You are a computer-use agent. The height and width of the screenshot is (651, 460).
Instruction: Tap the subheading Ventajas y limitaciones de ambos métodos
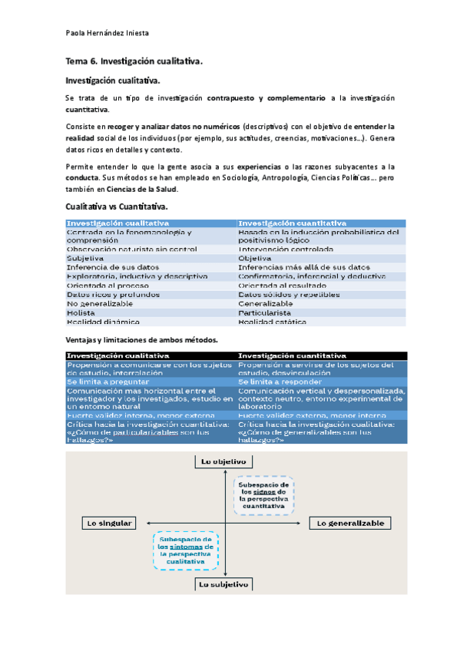[131, 339]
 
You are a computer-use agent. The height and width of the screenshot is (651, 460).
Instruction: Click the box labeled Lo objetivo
[223, 461]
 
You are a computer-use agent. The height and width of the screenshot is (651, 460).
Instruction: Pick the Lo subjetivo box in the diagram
[223, 583]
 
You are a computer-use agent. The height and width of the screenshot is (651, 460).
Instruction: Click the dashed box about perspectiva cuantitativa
[263, 497]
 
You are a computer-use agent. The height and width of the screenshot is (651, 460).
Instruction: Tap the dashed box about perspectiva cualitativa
[184, 551]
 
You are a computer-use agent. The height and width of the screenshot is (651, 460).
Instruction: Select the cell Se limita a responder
[278, 381]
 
